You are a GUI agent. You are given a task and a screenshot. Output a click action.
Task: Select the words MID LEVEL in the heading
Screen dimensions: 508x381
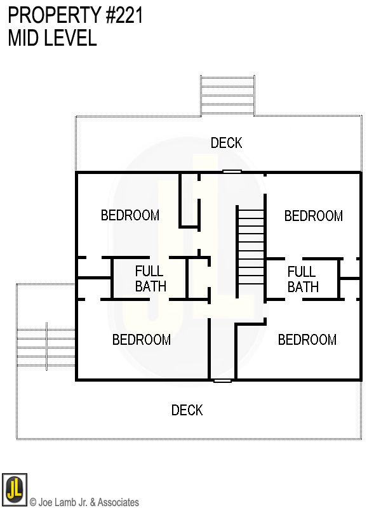(x=52, y=38)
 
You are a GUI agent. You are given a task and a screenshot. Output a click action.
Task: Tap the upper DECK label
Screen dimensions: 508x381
(x=227, y=143)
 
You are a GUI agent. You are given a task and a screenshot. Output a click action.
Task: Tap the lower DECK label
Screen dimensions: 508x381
(x=187, y=410)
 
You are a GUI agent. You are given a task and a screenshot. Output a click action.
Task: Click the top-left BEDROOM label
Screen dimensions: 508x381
(x=130, y=215)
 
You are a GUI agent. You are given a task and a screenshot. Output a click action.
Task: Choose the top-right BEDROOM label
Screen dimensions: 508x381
(x=314, y=216)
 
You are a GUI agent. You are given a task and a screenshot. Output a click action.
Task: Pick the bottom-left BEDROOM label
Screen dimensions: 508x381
(x=142, y=340)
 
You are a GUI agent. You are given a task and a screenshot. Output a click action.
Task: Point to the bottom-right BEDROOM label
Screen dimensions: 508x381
(x=307, y=340)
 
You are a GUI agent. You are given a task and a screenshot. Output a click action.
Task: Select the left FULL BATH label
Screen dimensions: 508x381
(x=150, y=279)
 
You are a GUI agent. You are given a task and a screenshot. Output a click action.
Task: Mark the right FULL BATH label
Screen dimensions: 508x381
(x=303, y=279)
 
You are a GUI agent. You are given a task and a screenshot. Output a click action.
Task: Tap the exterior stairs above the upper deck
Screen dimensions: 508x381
(x=228, y=95)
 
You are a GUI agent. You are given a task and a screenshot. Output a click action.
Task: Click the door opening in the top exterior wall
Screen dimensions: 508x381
(x=232, y=171)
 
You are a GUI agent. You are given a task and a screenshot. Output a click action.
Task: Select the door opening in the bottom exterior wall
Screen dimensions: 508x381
(x=222, y=380)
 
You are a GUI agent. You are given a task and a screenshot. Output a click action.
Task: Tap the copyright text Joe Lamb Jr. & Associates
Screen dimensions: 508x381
(x=84, y=502)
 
